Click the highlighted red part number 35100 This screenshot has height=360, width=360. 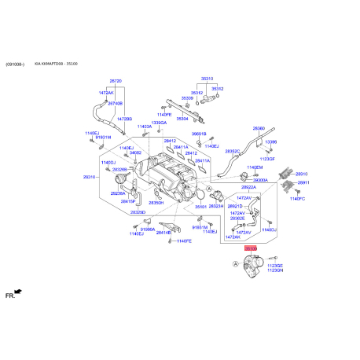pos(251,248)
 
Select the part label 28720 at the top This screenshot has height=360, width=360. pos(116,81)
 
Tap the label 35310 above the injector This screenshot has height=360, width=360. pos(207,79)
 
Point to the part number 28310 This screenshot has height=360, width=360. pos(89,177)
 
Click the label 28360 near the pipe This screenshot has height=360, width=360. pos(259,128)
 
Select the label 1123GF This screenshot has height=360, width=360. pos(268,158)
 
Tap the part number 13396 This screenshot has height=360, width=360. pos(271,141)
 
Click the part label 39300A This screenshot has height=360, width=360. pos(260,179)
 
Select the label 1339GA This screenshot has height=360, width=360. pos(160,123)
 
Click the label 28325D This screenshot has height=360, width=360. pos(138,212)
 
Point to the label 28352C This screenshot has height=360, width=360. pos(233,151)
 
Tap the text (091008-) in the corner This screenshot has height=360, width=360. pos(16,64)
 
